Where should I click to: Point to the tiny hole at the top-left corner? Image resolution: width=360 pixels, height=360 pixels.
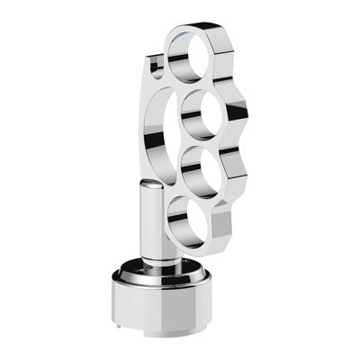coord(156,64)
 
